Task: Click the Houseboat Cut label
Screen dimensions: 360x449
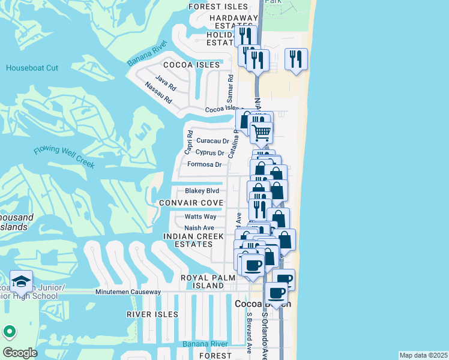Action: pyautogui.click(x=32, y=68)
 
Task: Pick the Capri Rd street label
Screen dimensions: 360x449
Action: pyautogui.click(x=188, y=142)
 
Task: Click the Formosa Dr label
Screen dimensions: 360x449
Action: pyautogui.click(x=205, y=164)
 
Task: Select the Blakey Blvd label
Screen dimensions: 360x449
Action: pyautogui.click(x=202, y=191)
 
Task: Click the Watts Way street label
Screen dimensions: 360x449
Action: pyautogui.click(x=200, y=217)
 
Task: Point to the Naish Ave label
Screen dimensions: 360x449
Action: pyautogui.click(x=199, y=228)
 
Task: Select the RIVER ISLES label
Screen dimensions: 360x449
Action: pyautogui.click(x=152, y=314)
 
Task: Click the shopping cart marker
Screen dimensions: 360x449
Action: pyautogui.click(x=261, y=133)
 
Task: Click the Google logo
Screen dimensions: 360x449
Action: pyautogui.click(x=20, y=353)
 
